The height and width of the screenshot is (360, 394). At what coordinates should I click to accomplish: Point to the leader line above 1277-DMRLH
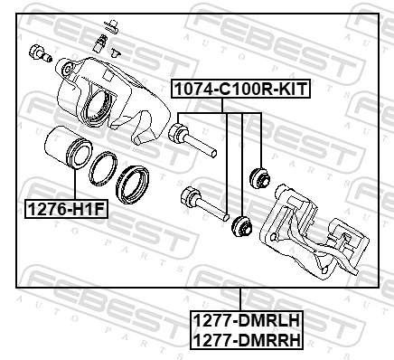(240, 298)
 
